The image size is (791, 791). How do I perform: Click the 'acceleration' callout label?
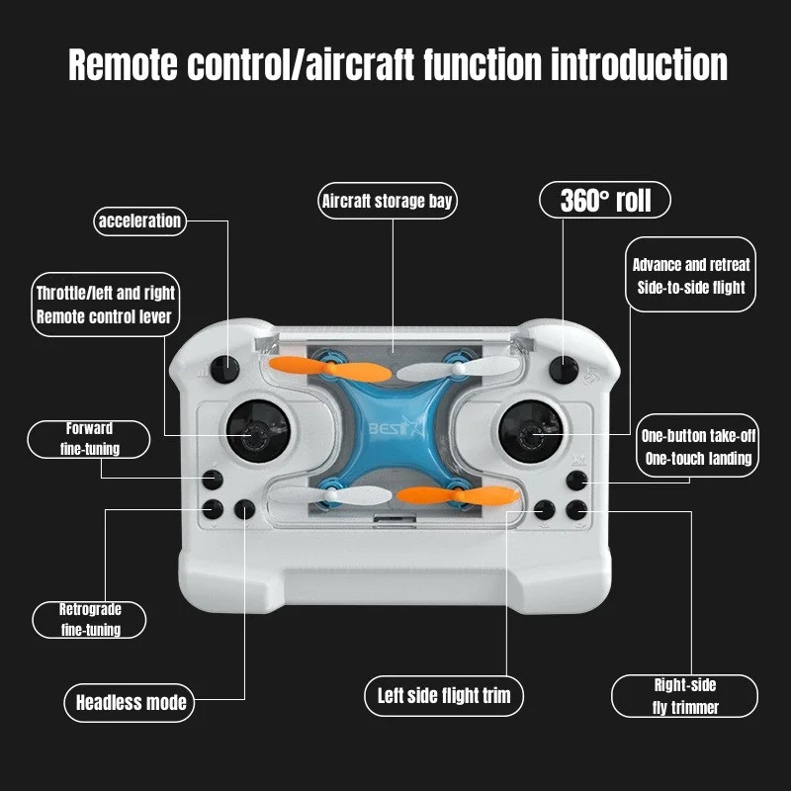[x=139, y=220]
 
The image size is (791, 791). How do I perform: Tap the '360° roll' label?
[x=605, y=201]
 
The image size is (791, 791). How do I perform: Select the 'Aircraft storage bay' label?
[x=388, y=202]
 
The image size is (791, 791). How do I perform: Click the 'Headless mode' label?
[x=131, y=703]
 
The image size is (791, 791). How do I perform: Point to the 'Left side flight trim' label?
[x=444, y=694]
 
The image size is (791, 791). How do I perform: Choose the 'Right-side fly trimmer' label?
[x=684, y=696]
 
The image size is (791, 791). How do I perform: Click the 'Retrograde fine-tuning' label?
[x=90, y=620]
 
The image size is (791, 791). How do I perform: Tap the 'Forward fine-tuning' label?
[x=89, y=439]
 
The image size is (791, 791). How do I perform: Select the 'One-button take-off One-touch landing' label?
[x=696, y=446]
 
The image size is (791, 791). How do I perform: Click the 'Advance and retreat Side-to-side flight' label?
[x=691, y=276]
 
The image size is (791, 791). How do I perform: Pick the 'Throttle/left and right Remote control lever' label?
[x=105, y=305]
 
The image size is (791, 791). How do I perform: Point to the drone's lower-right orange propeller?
[x=445, y=495]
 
